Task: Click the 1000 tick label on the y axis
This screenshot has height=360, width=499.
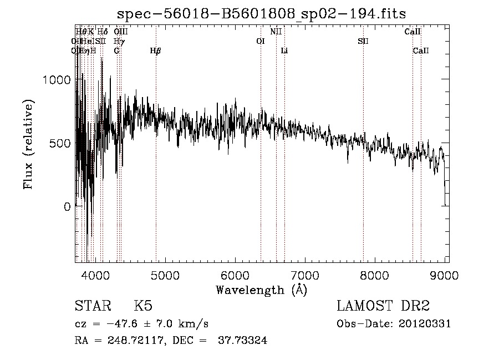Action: pos(56,80)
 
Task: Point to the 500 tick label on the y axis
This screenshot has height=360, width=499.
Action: pos(60,143)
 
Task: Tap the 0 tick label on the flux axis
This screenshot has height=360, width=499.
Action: pos(68,206)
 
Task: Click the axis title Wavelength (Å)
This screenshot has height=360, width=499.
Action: pos(261,290)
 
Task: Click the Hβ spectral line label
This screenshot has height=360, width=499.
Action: pos(156,51)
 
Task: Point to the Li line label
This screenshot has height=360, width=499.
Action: pos(284,51)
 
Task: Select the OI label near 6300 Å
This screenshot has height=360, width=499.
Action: pos(261,41)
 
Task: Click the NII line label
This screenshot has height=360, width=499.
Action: pos(276,32)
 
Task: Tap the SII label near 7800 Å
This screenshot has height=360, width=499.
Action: pos(363,41)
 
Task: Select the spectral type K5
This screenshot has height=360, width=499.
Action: pos(143,307)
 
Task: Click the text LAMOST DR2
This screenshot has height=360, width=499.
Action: pos(383,307)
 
